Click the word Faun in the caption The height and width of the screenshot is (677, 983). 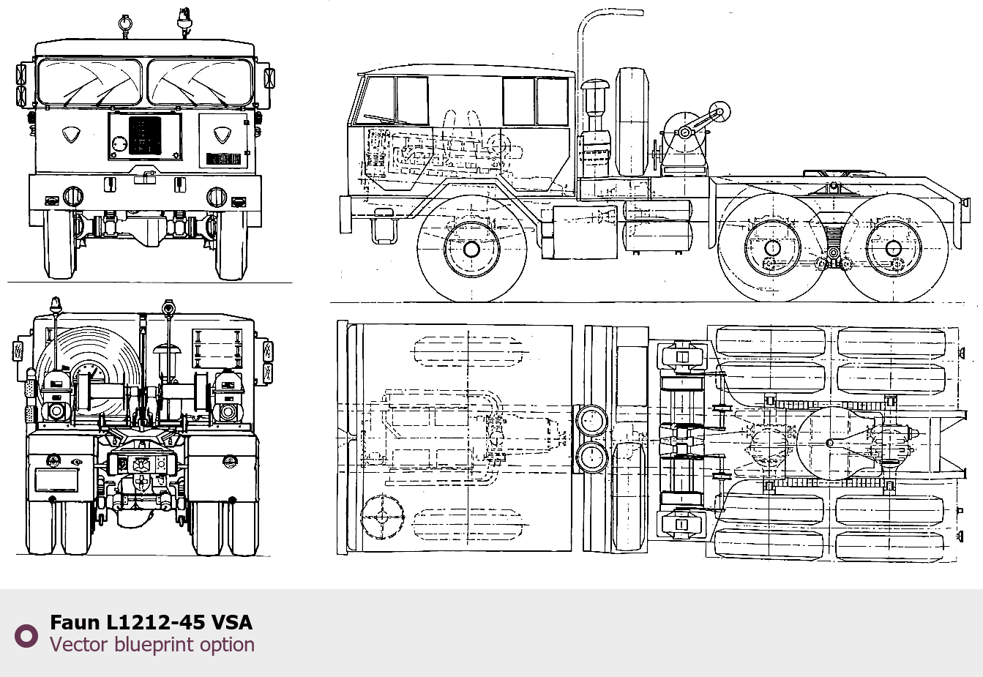coord(75,622)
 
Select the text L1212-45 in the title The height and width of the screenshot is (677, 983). coord(155,622)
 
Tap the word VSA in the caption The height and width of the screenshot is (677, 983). coord(232,622)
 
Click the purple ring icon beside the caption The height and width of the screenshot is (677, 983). coord(26,636)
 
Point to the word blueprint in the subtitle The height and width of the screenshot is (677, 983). coord(153,645)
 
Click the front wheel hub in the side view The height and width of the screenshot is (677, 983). coord(471,250)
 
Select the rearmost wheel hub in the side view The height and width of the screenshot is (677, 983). coord(893,249)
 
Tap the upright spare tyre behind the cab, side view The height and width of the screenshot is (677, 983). coord(632,122)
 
